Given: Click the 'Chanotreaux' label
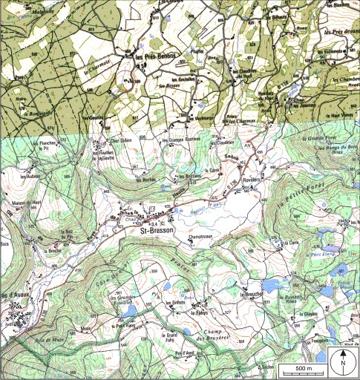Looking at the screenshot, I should tap(201, 237).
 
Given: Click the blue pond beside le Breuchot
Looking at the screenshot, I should tap(274, 285).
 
